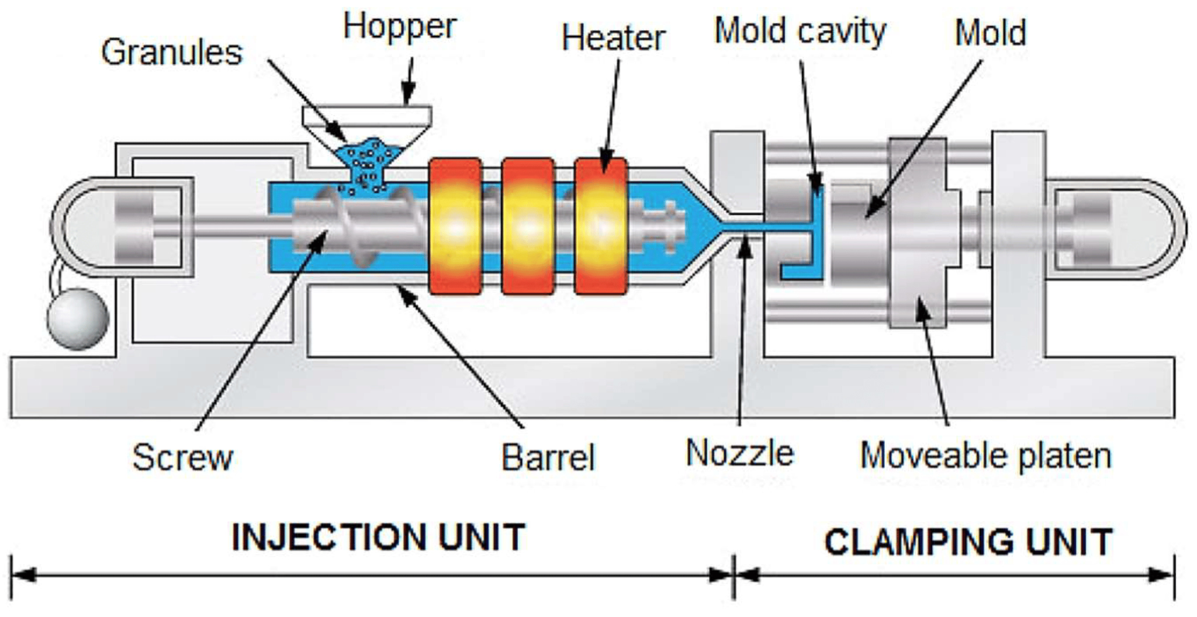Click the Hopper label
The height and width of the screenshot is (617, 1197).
(x=400, y=27)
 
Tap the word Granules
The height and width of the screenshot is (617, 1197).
(x=171, y=53)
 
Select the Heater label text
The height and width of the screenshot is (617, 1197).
(x=613, y=39)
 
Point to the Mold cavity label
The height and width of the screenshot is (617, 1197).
(x=800, y=31)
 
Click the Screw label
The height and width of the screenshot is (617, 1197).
(x=182, y=457)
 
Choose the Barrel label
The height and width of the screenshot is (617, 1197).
(x=548, y=457)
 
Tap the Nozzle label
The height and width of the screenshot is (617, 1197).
(x=740, y=453)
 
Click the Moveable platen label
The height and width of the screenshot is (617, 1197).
(x=985, y=456)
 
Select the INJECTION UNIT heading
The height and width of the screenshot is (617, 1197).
(x=379, y=538)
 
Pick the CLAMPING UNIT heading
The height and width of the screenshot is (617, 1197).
(x=968, y=542)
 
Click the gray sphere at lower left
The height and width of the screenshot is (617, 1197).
(x=78, y=319)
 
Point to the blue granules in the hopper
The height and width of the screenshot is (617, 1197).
(x=368, y=161)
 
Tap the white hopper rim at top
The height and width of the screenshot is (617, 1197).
(x=367, y=115)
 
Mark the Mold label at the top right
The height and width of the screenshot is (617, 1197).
(x=990, y=33)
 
